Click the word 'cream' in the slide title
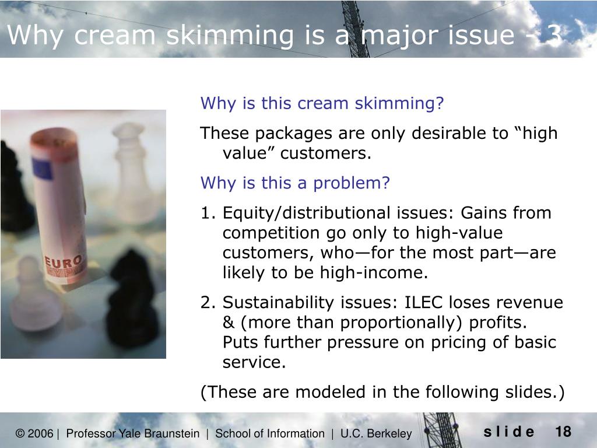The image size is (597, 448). [115, 36]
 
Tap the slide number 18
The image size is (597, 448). [563, 432]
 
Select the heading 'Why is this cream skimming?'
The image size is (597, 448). [322, 104]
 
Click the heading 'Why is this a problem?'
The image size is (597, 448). [295, 183]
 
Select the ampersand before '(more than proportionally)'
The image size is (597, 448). [230, 323]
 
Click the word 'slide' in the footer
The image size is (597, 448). [508, 432]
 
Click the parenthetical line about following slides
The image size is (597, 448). [382, 393]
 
